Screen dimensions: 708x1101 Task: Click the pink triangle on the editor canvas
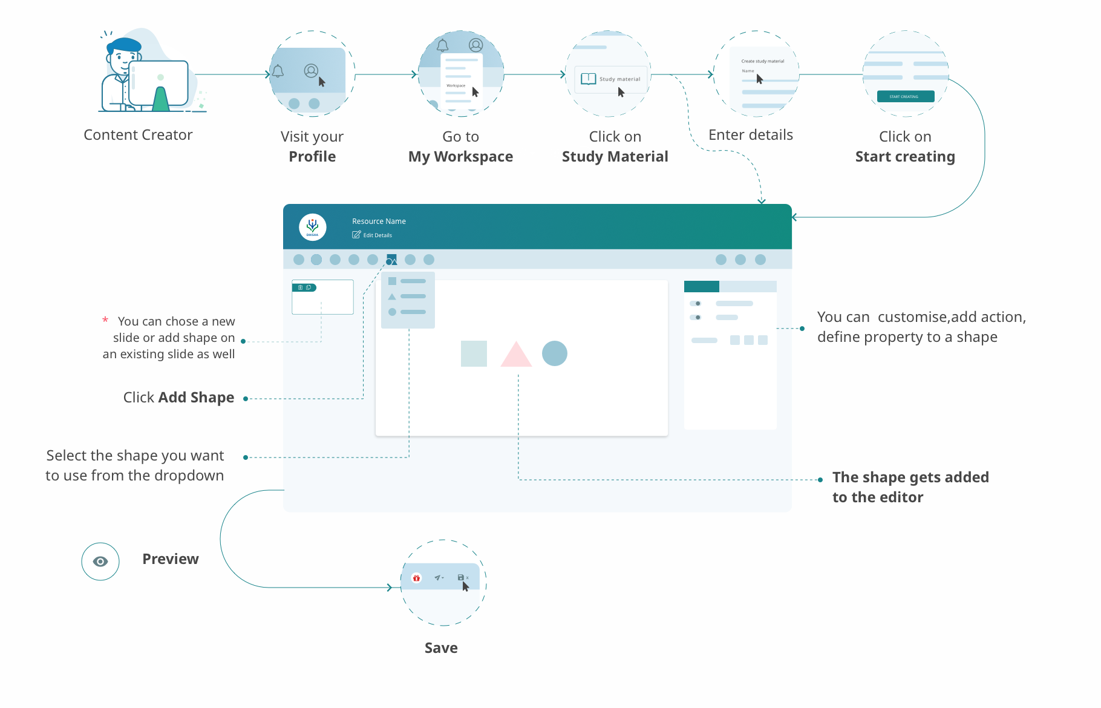516,356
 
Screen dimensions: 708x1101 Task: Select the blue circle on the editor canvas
555,353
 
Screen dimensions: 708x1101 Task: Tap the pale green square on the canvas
474,353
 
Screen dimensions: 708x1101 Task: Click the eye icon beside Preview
100,562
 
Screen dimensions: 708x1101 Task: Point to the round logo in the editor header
313,228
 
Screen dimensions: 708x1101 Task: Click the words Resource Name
379,221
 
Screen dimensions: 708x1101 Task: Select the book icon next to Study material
588,79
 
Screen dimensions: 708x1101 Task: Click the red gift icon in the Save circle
416,578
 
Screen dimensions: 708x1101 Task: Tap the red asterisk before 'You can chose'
105,320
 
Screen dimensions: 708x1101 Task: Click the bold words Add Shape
196,398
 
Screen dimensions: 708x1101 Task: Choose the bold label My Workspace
460,157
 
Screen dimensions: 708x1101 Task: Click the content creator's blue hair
125,45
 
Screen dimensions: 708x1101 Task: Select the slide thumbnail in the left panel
322,297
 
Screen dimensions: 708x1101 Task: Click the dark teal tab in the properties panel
701,286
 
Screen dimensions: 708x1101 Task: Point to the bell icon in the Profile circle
278,71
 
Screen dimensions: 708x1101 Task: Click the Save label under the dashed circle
441,648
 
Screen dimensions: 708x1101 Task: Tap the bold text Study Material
615,157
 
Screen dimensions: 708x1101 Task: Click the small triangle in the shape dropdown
392,297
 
